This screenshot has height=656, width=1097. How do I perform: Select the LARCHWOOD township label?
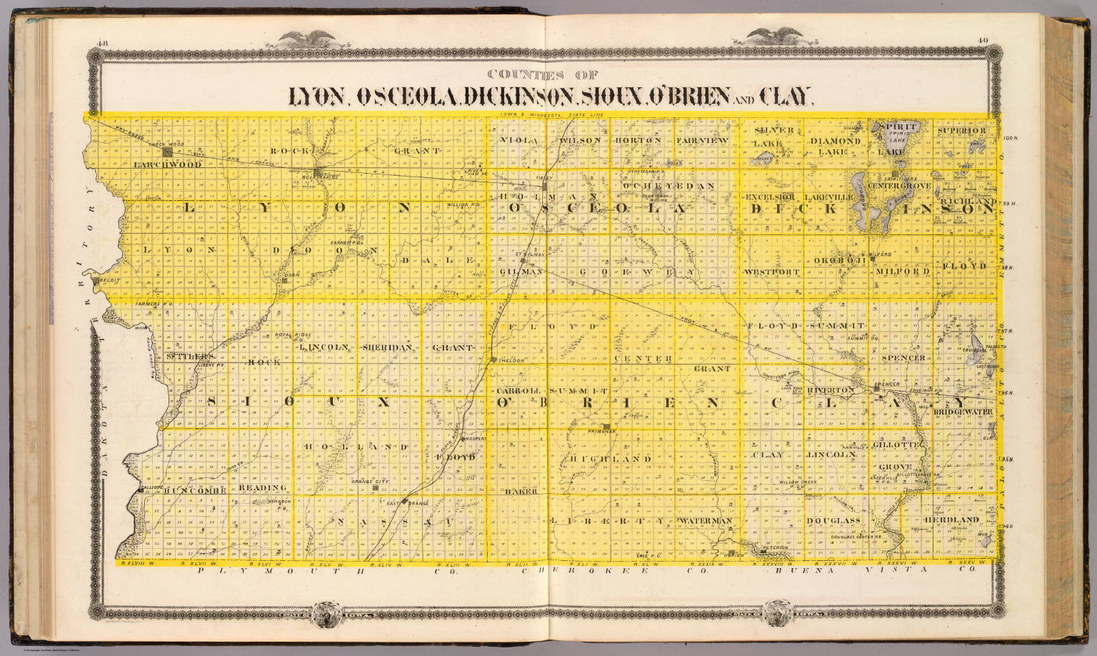tap(167, 164)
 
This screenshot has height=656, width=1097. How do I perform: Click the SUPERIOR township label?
tap(962, 131)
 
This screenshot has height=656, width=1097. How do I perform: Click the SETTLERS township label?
tap(189, 355)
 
